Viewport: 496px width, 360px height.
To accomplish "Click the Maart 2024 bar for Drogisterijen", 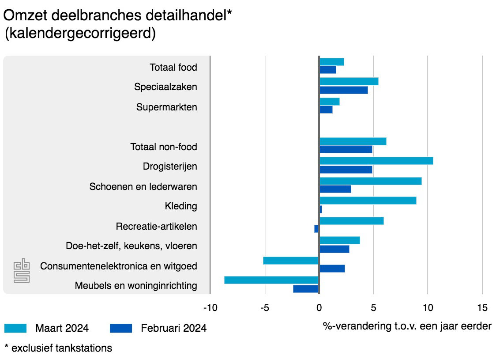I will [x=376, y=161].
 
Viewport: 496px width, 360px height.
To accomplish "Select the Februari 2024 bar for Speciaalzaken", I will [x=343, y=90].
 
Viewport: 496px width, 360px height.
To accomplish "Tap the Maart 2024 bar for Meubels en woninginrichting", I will [x=271, y=280].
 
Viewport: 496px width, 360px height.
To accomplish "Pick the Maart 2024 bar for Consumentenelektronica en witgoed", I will [x=291, y=261].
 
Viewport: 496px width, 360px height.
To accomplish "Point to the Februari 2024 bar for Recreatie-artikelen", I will [x=316, y=229].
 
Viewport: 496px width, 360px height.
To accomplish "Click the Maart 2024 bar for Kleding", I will [x=368, y=201].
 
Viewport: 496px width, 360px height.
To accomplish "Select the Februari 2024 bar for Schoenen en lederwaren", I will [x=335, y=189].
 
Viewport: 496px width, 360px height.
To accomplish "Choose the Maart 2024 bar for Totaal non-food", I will [x=353, y=141].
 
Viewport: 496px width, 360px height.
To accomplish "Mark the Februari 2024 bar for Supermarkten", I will [x=326, y=110].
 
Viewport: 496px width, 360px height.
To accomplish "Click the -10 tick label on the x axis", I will [x=210, y=307].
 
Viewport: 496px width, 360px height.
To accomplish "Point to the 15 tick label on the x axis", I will [x=482, y=307].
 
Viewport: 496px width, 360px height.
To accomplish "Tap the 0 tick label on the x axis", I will [x=319, y=307].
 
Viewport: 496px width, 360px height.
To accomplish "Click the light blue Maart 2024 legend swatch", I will [x=15, y=328].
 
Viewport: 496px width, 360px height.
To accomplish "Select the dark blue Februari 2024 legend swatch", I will [x=120, y=328].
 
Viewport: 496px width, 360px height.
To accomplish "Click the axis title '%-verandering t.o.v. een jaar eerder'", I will [x=407, y=326].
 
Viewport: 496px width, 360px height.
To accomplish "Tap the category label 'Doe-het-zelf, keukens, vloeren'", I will [x=131, y=246].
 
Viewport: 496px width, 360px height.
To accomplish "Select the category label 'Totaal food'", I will [x=173, y=68].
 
